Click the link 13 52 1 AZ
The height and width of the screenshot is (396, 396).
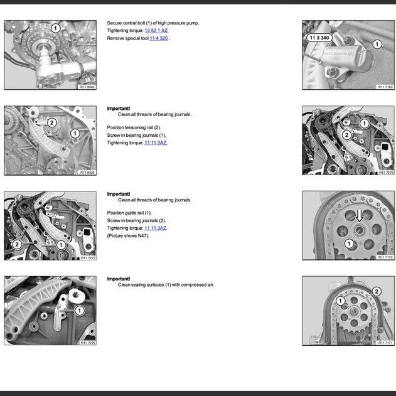(x=157, y=30)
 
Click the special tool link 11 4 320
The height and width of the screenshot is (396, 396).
(x=159, y=38)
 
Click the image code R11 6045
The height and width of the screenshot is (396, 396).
(x=87, y=87)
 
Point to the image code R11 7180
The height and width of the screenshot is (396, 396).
(x=385, y=87)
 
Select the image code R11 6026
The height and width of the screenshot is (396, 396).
(x=87, y=173)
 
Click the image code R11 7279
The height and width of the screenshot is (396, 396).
(x=385, y=173)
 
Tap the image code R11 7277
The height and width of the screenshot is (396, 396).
(x=87, y=257)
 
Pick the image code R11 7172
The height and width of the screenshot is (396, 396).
(x=385, y=257)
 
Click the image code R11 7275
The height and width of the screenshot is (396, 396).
(x=87, y=343)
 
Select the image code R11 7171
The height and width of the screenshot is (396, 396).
(x=385, y=343)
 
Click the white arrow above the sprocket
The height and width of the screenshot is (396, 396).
(x=359, y=217)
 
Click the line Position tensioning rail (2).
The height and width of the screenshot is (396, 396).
(x=134, y=128)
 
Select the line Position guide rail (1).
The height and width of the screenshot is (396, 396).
(x=129, y=213)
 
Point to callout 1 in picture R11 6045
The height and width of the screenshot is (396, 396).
(x=55, y=28)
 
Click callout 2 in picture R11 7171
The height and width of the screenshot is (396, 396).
(x=376, y=291)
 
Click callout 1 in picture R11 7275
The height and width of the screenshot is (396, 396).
(x=80, y=310)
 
